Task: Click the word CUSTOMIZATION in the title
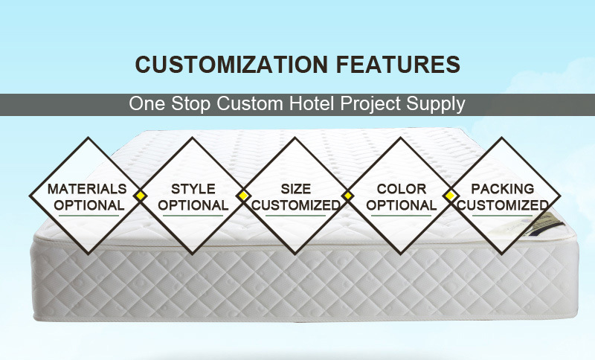[231, 64]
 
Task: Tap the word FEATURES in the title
[398, 64]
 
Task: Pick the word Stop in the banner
[190, 104]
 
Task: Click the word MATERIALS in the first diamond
[87, 189]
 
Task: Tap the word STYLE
[193, 189]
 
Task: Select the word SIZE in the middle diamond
[296, 189]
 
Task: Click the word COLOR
[402, 189]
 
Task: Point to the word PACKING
[503, 189]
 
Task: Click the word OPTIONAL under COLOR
[402, 205]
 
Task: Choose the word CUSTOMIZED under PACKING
[503, 205]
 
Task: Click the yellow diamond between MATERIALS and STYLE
[141, 196]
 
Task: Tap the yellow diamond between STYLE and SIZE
[243, 196]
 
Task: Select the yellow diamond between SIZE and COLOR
[347, 196]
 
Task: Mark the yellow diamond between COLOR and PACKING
[450, 196]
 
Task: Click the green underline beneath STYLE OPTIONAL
[193, 216]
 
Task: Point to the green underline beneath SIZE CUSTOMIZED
[296, 216]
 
